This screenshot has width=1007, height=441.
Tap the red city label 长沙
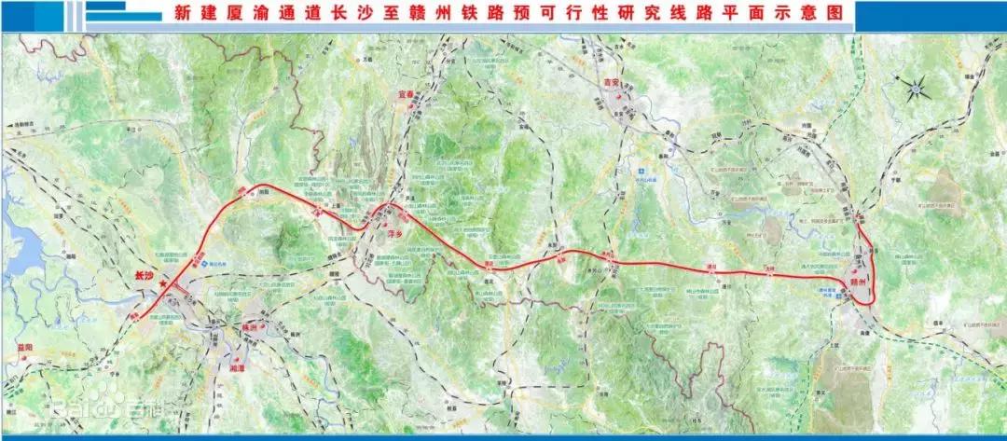point(143,276)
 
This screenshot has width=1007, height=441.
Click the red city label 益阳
point(24,348)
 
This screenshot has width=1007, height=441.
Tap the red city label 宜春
point(398,95)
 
